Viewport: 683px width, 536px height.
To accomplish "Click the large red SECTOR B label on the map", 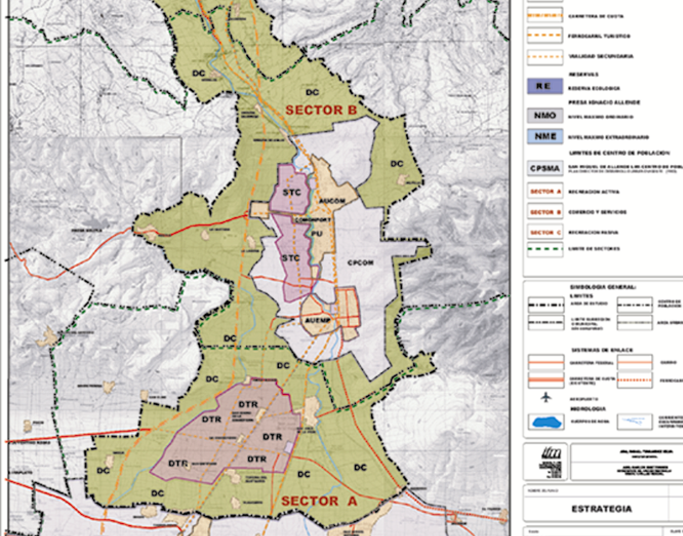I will [321, 110].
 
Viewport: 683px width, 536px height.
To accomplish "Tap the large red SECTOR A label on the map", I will [319, 501].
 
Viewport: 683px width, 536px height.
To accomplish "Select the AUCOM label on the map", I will [332, 201].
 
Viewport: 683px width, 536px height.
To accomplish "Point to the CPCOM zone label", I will [360, 263].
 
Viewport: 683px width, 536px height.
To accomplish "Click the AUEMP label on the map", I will [317, 320].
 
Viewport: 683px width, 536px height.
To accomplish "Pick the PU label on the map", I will [317, 234].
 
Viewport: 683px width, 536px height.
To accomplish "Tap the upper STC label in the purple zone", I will [292, 192].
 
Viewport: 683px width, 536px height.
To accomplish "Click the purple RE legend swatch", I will [544, 86].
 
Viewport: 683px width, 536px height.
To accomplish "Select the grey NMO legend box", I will [544, 115].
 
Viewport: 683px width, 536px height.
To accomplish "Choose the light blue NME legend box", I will [544, 136].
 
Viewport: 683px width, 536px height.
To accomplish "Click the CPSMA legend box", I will [544, 168].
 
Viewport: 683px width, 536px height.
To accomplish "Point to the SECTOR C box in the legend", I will [544, 232].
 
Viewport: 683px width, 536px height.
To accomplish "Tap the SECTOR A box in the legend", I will [544, 192].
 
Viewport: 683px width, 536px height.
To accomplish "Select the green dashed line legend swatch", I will [544, 249].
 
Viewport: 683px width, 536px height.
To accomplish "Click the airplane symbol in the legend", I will [546, 397].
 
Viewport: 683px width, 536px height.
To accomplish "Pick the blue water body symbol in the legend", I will [546, 422].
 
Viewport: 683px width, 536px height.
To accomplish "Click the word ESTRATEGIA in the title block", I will [601, 509].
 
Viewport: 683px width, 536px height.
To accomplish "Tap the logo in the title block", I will [546, 462].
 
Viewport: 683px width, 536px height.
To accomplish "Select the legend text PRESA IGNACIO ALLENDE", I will [604, 103].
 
